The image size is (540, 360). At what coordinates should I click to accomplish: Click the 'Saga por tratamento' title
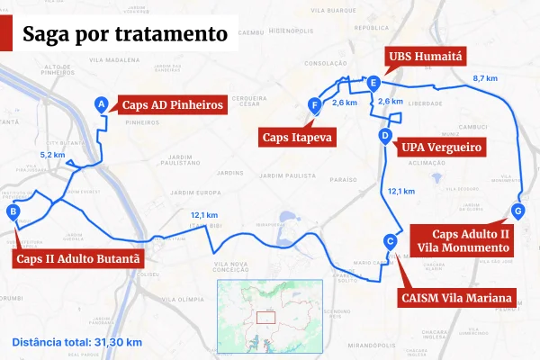pos(124,35)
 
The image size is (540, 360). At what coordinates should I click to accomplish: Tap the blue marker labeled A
pos(102,104)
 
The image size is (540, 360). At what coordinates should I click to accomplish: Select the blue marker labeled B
pos(13,212)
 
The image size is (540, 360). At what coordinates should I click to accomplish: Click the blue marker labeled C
pos(389,241)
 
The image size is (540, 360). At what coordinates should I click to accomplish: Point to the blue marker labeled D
pos(385,137)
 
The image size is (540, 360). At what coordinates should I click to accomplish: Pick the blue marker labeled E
pos(373,84)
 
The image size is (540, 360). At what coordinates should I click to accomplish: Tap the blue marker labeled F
pos(314,105)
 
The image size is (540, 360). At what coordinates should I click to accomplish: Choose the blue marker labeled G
pos(517,211)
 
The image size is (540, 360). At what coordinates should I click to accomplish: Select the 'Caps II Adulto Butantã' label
pos(78,259)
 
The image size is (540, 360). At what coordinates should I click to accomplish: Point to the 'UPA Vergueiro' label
pos(443,147)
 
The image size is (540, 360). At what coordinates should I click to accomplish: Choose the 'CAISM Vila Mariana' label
pos(456,297)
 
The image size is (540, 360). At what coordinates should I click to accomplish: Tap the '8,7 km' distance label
pos(485,79)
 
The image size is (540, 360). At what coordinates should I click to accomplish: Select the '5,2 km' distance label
pos(53,156)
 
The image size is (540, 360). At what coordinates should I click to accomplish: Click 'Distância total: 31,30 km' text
pos(77,342)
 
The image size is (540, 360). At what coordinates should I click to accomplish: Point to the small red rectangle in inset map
pos(265,317)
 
